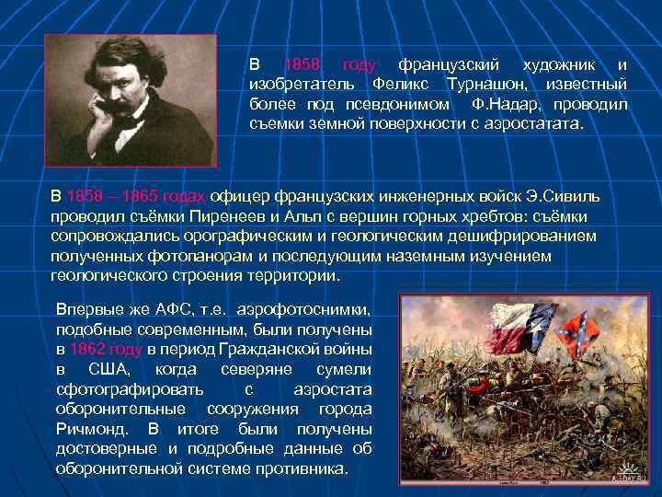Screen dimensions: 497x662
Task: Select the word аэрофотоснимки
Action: point(309,308)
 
